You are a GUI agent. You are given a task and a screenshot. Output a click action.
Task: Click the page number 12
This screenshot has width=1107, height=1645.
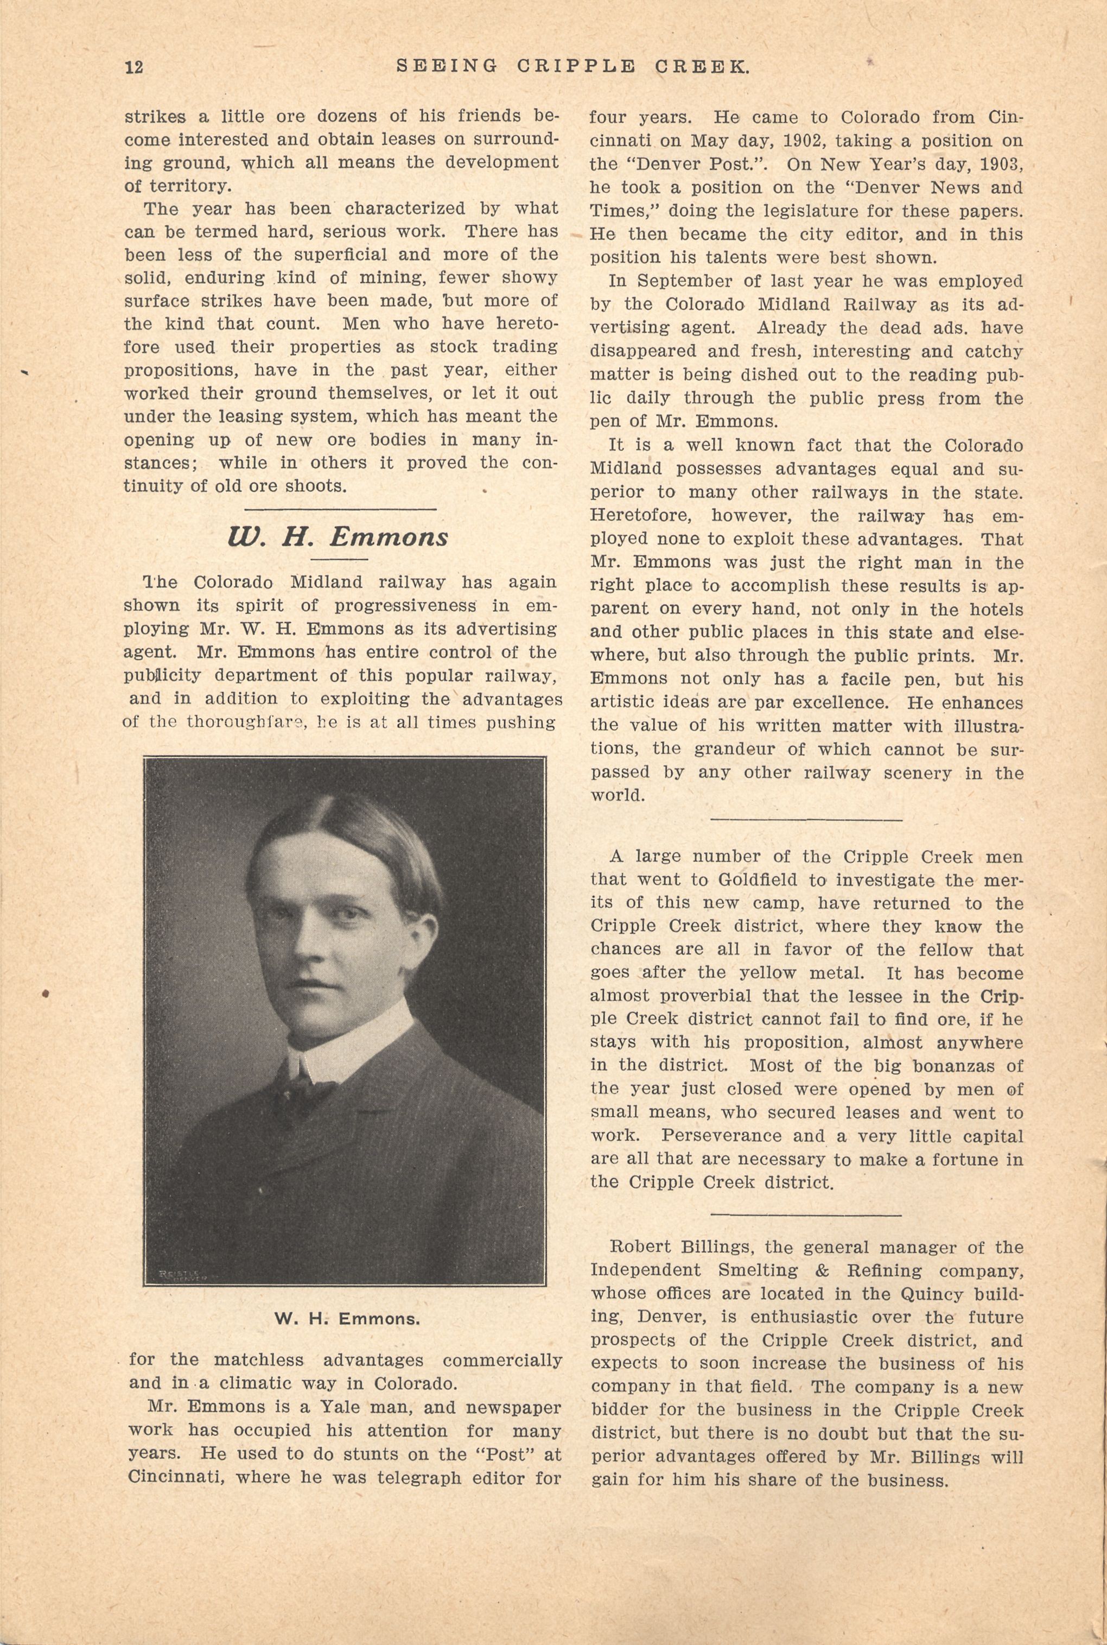tap(133, 67)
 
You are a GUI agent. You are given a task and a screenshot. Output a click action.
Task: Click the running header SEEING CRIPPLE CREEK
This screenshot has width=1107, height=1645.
tap(572, 66)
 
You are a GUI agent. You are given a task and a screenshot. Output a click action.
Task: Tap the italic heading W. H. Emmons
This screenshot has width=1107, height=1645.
tap(338, 537)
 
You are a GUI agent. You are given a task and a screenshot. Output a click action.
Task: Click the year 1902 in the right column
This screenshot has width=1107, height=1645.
tap(798, 141)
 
